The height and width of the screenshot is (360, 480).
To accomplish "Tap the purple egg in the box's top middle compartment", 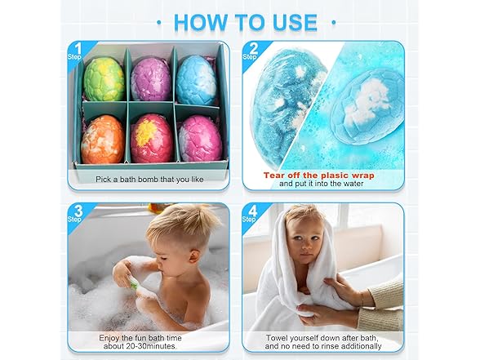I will click(x=151, y=79).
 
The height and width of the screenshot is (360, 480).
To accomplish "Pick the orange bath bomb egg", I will click(x=103, y=139).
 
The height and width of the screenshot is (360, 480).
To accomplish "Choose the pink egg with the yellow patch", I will click(x=151, y=137).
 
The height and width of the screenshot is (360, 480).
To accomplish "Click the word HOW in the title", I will click(x=204, y=22).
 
